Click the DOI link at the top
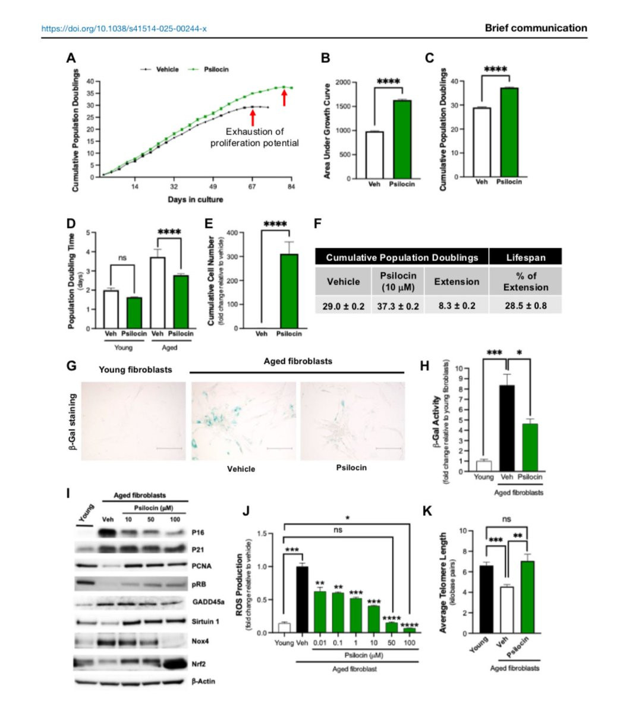click(124, 29)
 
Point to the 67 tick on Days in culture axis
click(252, 187)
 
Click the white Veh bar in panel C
click(482, 142)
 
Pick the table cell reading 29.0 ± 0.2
click(343, 306)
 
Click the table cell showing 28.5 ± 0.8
click(525, 306)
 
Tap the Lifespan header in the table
click(525, 257)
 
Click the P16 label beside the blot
click(199, 533)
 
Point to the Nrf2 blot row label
click(200, 662)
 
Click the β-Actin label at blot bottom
click(203, 681)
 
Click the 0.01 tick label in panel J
click(320, 643)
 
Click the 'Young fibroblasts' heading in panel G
click(136, 370)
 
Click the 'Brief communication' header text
click(536, 28)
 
